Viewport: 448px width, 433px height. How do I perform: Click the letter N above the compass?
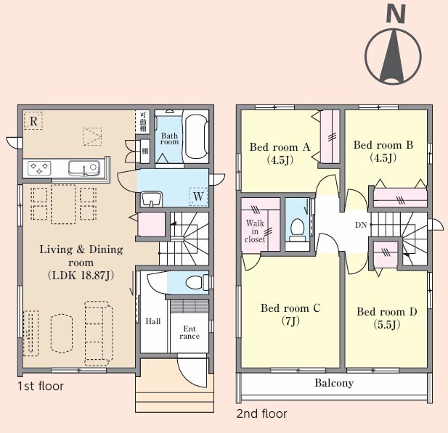[x=396, y=15]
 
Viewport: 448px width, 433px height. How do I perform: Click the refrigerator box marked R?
[x=33, y=120]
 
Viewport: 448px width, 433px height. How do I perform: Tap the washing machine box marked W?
[x=198, y=196]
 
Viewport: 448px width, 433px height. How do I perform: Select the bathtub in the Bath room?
[x=196, y=136]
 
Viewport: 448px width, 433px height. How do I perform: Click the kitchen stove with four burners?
[x=39, y=168]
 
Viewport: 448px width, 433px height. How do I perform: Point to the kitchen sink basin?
[x=84, y=168]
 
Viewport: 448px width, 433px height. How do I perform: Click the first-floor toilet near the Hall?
[x=197, y=282]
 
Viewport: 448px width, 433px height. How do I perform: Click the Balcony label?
[x=334, y=382]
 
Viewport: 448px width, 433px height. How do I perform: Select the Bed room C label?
[x=290, y=308]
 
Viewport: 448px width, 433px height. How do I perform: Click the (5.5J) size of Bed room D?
[x=386, y=324]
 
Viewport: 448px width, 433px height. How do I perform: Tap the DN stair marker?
[x=361, y=225]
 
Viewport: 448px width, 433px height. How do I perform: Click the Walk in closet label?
[x=255, y=231]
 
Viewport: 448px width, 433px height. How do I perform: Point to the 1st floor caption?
[x=41, y=386]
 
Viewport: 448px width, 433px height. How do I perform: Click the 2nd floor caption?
[x=261, y=413]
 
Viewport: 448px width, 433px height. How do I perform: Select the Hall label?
[x=153, y=322]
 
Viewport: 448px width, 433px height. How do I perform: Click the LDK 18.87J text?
[x=81, y=276]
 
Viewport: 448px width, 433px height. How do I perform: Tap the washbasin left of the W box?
[x=151, y=199]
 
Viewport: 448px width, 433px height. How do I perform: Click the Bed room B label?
[x=383, y=145]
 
